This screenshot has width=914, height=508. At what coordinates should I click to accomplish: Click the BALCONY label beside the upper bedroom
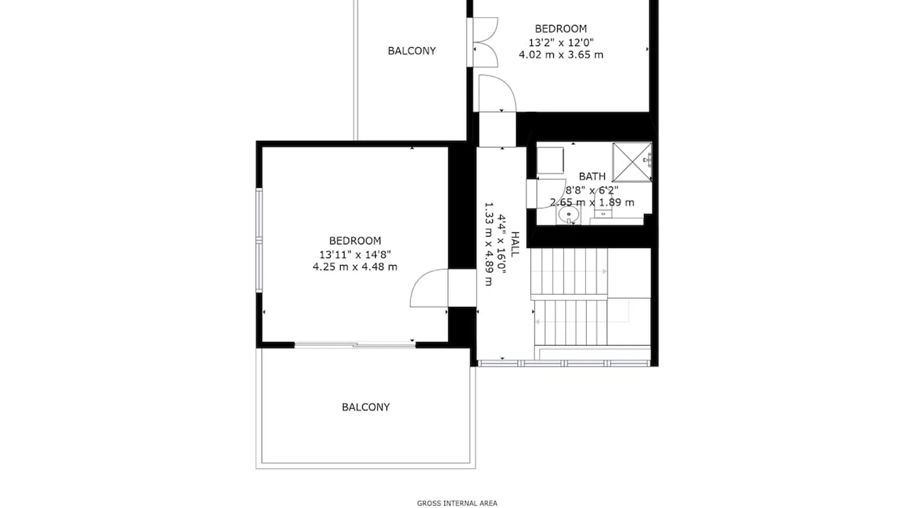pos(412,51)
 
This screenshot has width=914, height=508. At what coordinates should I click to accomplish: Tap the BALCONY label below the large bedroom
pos(366,407)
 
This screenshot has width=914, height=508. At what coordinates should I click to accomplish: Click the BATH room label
pos(592,176)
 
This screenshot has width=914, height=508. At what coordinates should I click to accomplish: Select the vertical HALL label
pos(515,244)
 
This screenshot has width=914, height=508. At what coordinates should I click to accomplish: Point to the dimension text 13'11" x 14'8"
pos(355,255)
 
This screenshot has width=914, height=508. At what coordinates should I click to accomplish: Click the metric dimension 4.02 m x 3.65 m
pos(561,55)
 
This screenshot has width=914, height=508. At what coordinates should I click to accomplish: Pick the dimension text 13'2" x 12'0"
pos(561,42)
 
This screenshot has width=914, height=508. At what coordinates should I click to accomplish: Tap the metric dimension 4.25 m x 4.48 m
pos(355,267)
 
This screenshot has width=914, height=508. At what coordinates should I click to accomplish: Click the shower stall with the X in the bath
pos(632,162)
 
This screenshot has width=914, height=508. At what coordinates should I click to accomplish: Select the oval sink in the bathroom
pos(569,215)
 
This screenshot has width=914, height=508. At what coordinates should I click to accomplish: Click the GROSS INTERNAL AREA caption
pos(457,503)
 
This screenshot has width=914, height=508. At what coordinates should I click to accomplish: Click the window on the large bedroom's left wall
pos(259,240)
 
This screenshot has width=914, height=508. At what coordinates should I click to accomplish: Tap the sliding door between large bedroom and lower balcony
pos(355,345)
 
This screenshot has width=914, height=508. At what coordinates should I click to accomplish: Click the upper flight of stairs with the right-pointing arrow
pos(569,271)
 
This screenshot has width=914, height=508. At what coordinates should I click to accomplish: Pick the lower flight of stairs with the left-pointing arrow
pos(571,322)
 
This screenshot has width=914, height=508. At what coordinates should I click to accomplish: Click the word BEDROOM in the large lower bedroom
pos(355,241)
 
